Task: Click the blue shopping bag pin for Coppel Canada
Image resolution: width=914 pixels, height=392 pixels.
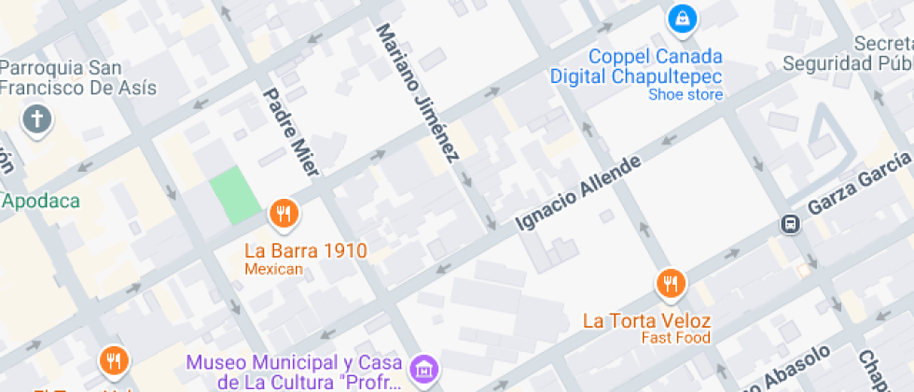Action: pyautogui.click(x=683, y=19)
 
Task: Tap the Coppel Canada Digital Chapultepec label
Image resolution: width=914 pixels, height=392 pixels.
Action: pyautogui.click(x=635, y=65)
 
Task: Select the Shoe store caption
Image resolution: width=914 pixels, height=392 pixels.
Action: pyautogui.click(x=685, y=93)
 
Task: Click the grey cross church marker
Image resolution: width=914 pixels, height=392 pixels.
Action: pyautogui.click(x=36, y=119)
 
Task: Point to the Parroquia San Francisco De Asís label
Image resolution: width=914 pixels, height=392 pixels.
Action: pyautogui.click(x=78, y=78)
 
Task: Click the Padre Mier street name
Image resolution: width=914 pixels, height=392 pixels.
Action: pyautogui.click(x=291, y=131)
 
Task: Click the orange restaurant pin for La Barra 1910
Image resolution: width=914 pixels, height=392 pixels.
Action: pyautogui.click(x=284, y=216)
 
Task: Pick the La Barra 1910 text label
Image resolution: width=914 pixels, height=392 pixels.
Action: pyautogui.click(x=305, y=250)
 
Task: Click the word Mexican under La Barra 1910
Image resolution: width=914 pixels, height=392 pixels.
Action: pyautogui.click(x=273, y=269)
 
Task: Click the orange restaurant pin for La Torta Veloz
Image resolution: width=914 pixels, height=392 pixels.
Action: pyautogui.click(x=670, y=283)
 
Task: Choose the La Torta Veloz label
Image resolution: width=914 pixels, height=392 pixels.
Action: pyautogui.click(x=645, y=320)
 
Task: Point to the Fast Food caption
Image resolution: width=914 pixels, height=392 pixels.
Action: pyautogui.click(x=675, y=338)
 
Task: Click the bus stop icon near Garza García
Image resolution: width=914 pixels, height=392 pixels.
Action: pyautogui.click(x=790, y=224)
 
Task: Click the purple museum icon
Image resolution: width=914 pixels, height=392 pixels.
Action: pyautogui.click(x=425, y=368)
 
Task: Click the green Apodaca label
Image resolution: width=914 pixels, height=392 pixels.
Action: pyautogui.click(x=42, y=201)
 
